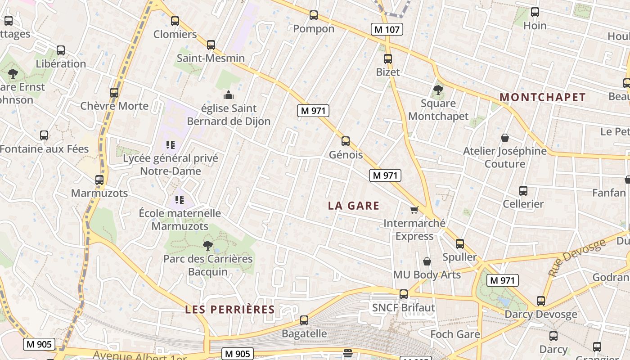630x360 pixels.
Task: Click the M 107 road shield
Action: click(387, 30)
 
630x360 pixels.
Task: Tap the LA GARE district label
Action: click(354, 206)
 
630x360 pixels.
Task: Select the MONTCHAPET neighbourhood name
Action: click(543, 97)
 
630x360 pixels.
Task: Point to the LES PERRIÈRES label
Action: click(230, 310)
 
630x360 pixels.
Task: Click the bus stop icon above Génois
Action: click(346, 141)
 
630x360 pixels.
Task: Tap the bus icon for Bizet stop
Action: click(388, 59)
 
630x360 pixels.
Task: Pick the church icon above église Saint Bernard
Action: click(229, 95)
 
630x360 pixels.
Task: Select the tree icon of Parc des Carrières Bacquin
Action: click(207, 246)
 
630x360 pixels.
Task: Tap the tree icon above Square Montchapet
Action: click(438, 90)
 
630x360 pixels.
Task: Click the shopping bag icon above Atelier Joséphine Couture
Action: click(505, 138)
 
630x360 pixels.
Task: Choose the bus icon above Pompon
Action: click(314, 15)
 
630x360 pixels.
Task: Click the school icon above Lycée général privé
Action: click(170, 145)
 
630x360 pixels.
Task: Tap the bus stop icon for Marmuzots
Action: click(99, 180)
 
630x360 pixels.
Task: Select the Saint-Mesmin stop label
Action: click(211, 58)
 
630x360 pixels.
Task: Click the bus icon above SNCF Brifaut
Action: click(404, 294)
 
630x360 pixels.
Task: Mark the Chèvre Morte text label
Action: click(114, 106)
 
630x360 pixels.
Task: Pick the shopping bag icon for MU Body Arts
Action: click(427, 261)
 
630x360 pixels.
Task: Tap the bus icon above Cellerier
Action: click(523, 191)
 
